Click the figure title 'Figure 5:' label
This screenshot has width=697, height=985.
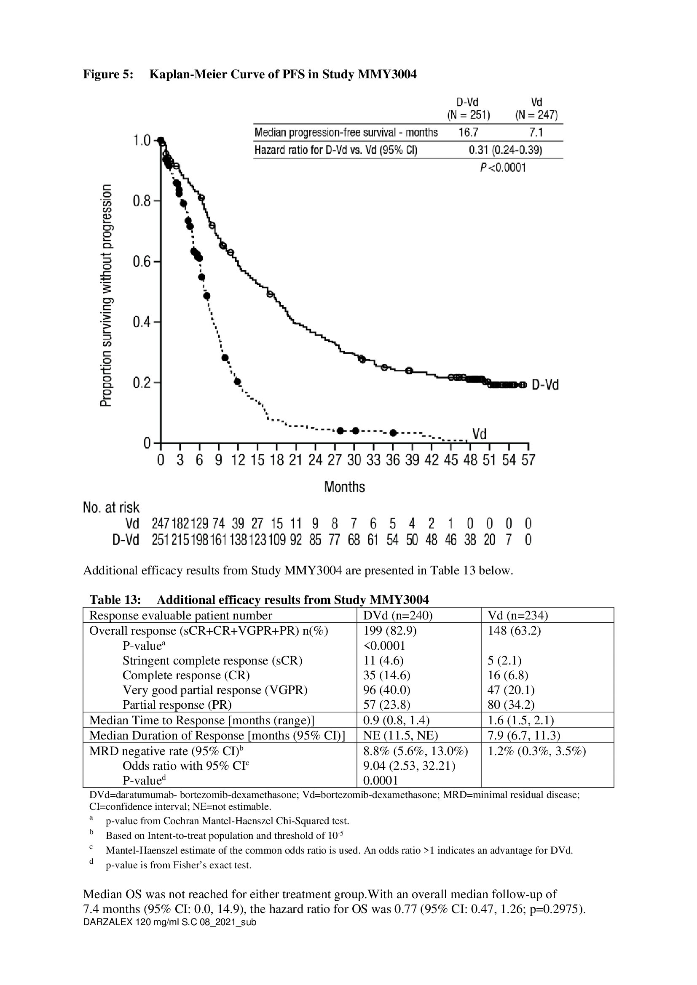point(108,75)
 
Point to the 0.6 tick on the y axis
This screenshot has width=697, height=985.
point(157,262)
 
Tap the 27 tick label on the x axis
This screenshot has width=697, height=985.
point(334,460)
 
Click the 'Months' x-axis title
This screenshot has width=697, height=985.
point(344,487)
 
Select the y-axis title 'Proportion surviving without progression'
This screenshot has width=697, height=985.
point(106,296)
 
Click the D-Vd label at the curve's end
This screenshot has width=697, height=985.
point(545,385)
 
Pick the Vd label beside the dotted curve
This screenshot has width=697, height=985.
point(479,435)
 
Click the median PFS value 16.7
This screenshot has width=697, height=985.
point(468,133)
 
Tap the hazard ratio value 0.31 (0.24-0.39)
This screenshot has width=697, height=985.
point(505,150)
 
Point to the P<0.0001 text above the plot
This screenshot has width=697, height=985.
point(503,168)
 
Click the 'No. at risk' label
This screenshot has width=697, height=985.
point(111,507)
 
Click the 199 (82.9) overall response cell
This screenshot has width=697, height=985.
point(390,631)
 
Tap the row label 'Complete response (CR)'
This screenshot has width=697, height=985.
point(186,675)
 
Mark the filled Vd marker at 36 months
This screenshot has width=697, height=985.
point(393,432)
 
